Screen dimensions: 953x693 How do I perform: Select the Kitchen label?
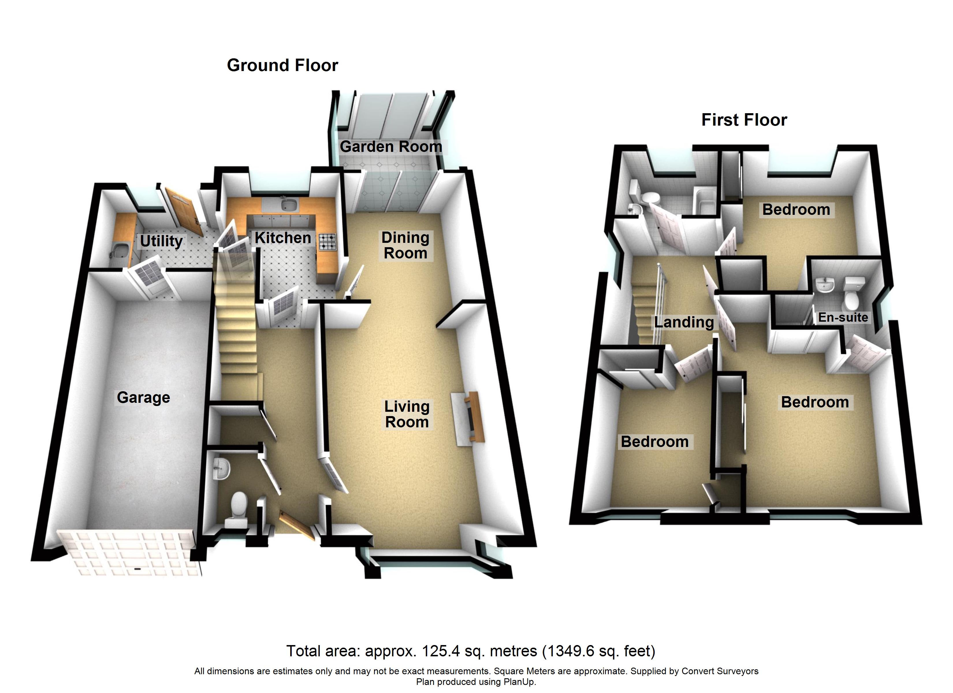[283, 238]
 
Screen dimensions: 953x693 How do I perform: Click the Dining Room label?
[405, 245]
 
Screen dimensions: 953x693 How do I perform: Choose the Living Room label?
[407, 414]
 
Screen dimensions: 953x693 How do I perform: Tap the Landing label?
[684, 322]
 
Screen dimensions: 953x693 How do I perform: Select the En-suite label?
[843, 317]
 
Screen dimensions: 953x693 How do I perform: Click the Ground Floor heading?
[282, 65]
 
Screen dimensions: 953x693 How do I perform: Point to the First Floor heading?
[744, 120]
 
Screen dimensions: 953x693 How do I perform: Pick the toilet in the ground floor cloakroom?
[238, 509]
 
